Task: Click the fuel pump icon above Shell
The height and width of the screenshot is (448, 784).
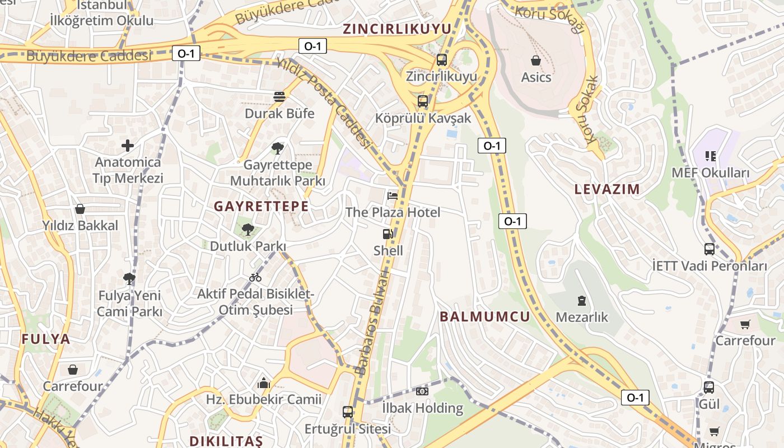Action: [388, 234]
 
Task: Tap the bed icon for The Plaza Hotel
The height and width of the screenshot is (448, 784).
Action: [393, 195]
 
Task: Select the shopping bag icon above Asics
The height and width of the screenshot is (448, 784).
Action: [536, 60]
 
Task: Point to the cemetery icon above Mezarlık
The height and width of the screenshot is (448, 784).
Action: [581, 301]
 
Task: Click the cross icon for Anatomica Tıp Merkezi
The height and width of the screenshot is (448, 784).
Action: [128, 146]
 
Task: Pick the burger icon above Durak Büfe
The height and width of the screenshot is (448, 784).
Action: [279, 97]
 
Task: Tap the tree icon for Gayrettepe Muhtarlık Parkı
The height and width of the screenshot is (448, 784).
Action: [277, 148]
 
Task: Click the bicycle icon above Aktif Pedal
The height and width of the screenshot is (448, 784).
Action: [255, 277]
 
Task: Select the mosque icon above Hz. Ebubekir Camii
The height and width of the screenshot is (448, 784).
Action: [263, 384]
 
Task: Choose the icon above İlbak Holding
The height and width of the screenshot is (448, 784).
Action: [422, 391]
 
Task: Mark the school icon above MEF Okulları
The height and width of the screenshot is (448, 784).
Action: [710, 156]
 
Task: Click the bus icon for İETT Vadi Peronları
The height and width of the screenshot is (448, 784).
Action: [709, 249]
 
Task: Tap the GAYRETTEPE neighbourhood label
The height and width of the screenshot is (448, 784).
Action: [261, 206]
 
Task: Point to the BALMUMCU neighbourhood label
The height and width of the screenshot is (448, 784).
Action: [484, 316]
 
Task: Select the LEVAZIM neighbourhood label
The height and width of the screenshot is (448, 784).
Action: [607, 189]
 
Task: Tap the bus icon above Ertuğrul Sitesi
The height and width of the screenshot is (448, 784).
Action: [348, 412]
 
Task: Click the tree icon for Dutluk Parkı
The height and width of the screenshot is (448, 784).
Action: [248, 229]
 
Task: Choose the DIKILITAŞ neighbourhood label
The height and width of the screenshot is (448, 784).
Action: [226, 441]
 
